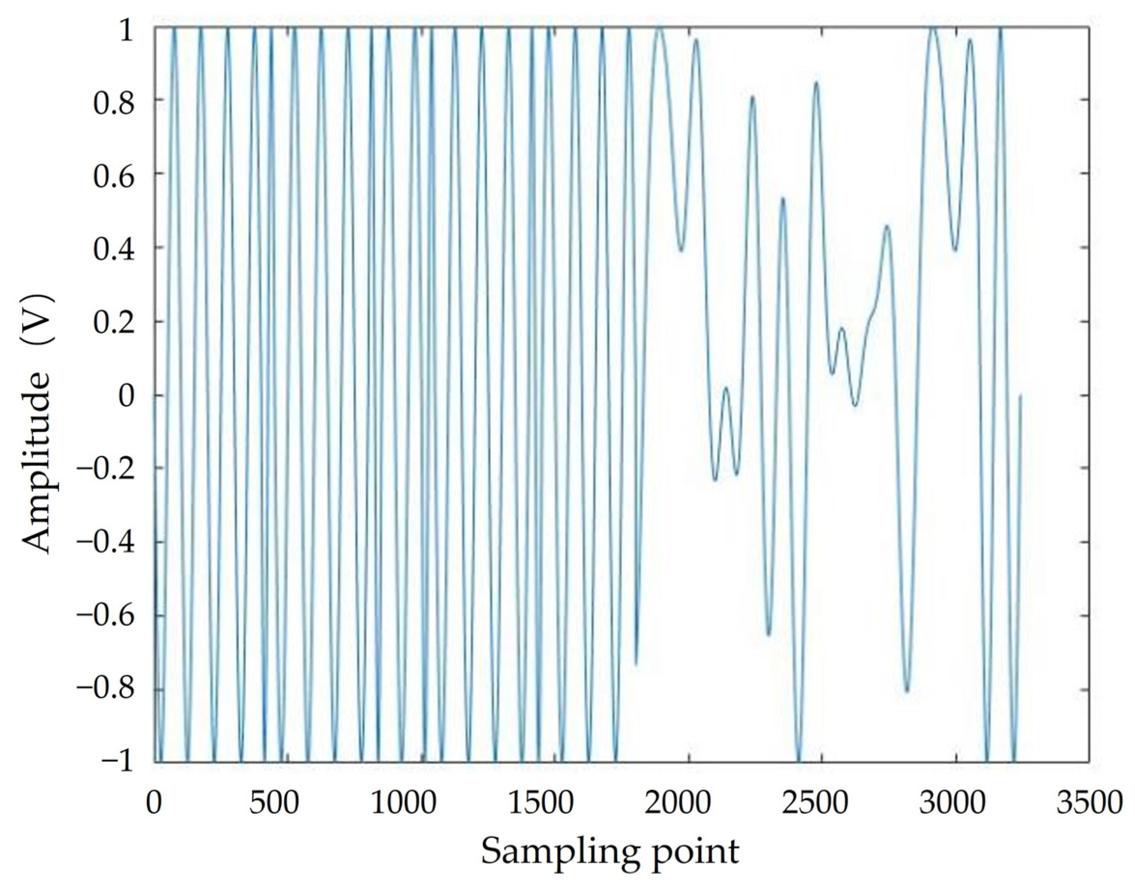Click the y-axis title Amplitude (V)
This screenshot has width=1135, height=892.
(x=38, y=423)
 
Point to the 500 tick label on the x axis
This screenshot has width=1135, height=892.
(x=274, y=804)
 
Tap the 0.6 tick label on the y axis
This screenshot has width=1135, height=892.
(x=113, y=173)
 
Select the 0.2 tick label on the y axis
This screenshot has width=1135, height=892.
(x=113, y=321)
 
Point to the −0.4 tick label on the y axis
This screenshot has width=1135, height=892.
(x=104, y=543)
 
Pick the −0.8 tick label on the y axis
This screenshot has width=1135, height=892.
(x=104, y=690)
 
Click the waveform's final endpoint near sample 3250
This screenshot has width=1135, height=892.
(x=1020, y=395)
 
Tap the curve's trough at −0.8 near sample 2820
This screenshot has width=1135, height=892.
(x=907, y=692)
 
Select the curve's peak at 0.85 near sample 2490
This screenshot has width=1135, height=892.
(x=816, y=83)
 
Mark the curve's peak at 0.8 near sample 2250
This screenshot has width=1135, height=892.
(x=752, y=96)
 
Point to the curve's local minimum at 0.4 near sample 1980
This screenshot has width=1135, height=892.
(x=681, y=251)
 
